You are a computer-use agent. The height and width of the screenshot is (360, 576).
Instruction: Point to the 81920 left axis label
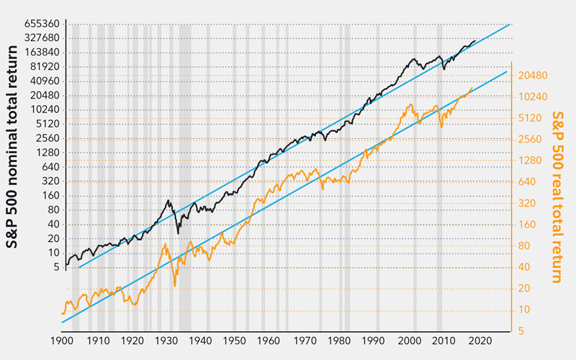(42, 66)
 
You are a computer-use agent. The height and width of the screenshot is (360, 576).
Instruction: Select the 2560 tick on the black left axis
(45, 138)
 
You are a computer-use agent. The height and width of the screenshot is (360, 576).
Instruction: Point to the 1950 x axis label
(235, 340)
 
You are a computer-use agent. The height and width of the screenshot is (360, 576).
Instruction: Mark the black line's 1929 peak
(168, 200)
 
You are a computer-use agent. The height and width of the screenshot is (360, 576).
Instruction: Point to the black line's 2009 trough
(444, 70)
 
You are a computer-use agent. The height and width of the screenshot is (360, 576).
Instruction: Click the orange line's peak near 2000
(410, 105)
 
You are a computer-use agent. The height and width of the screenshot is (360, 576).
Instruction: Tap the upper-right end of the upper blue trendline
(510, 24)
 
